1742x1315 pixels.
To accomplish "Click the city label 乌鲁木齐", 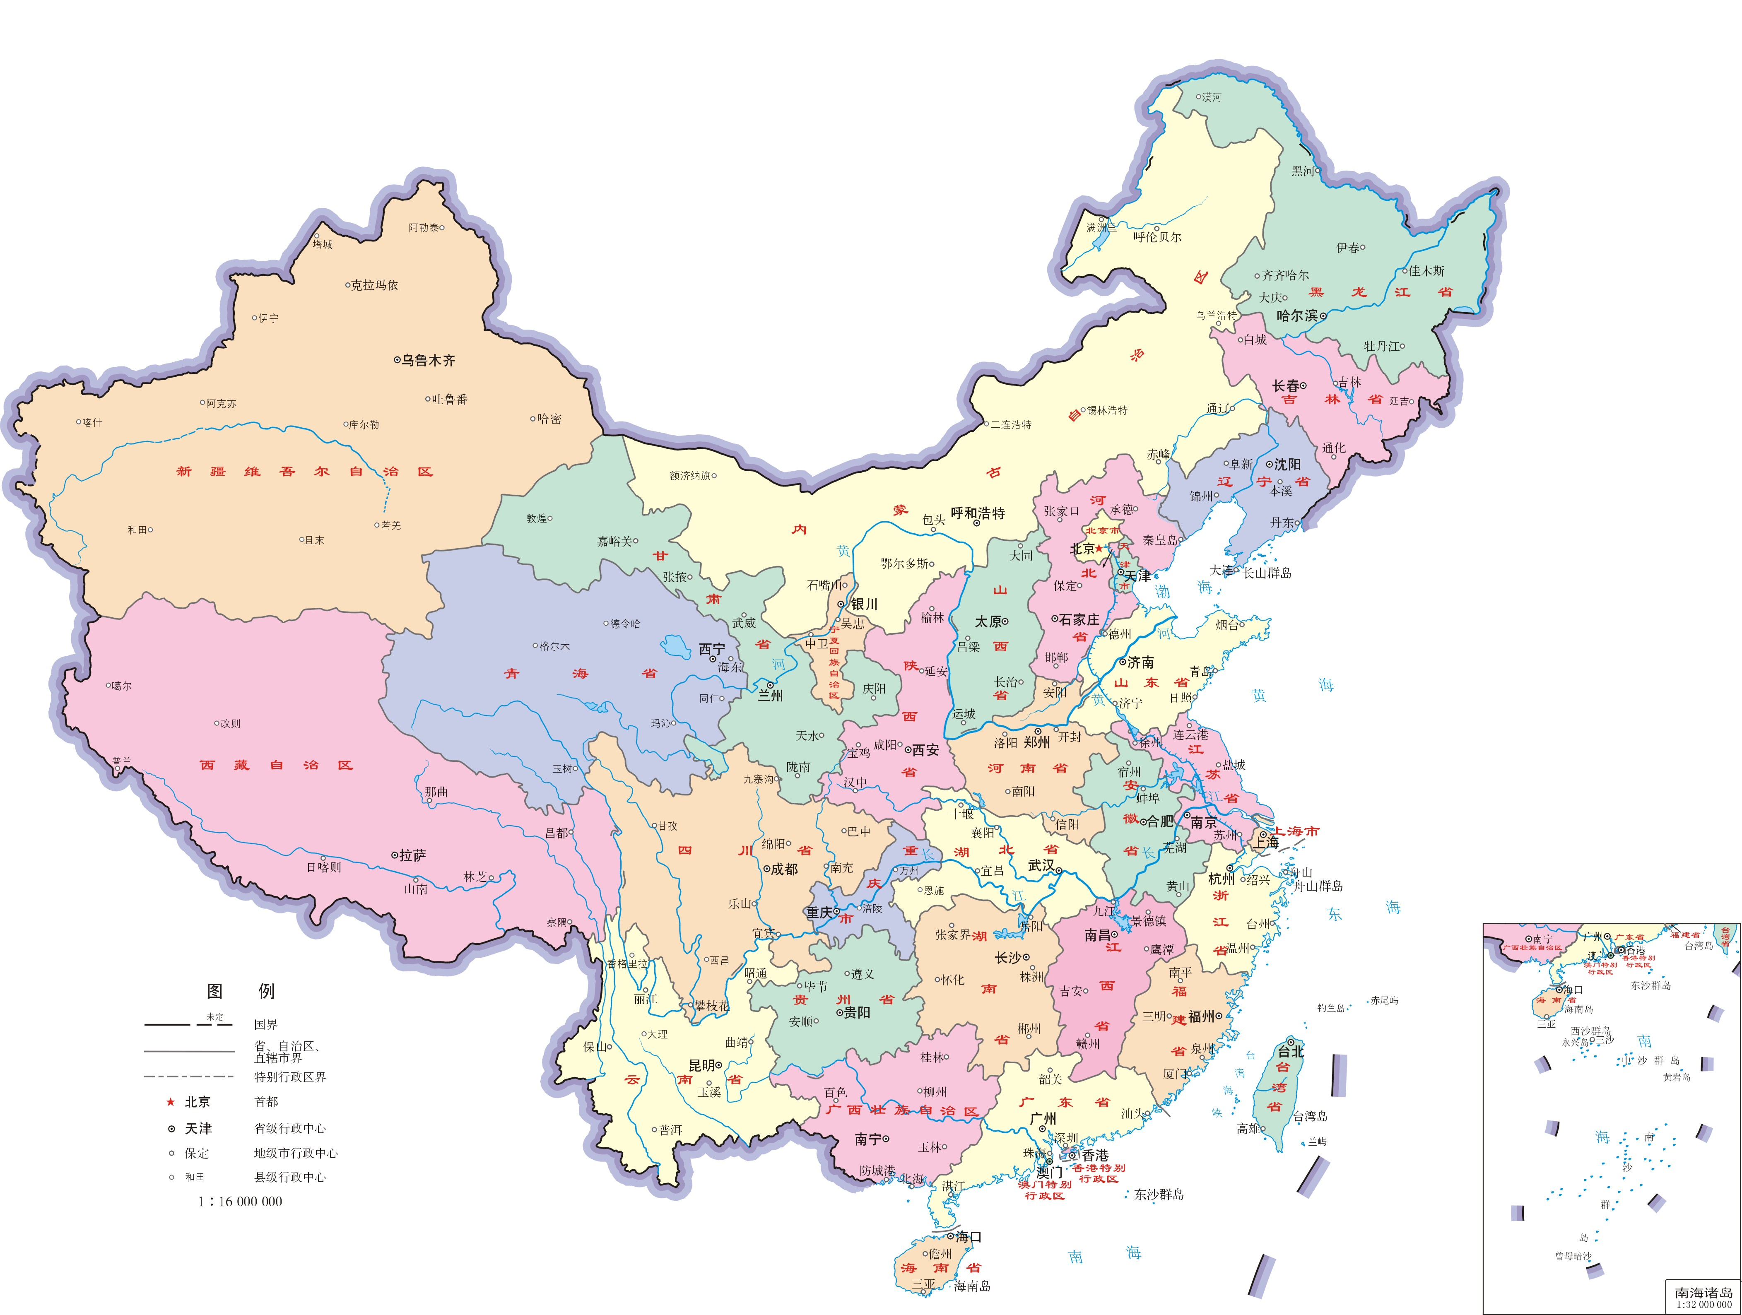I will tap(429, 361).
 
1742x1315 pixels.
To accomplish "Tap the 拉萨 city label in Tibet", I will tap(413, 855).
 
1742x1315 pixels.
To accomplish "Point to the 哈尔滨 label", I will tap(1296, 316).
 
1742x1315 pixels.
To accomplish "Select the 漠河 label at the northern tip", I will tap(1211, 98).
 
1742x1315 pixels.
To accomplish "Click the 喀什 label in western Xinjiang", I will tap(92, 423).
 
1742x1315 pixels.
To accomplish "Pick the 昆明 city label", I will tap(702, 1065).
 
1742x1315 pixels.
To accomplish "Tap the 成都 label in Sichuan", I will tap(784, 869).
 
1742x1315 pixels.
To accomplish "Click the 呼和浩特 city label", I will tap(978, 513).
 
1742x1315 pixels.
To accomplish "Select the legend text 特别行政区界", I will tap(290, 1077).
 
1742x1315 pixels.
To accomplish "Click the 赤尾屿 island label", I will tap(1385, 1001).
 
